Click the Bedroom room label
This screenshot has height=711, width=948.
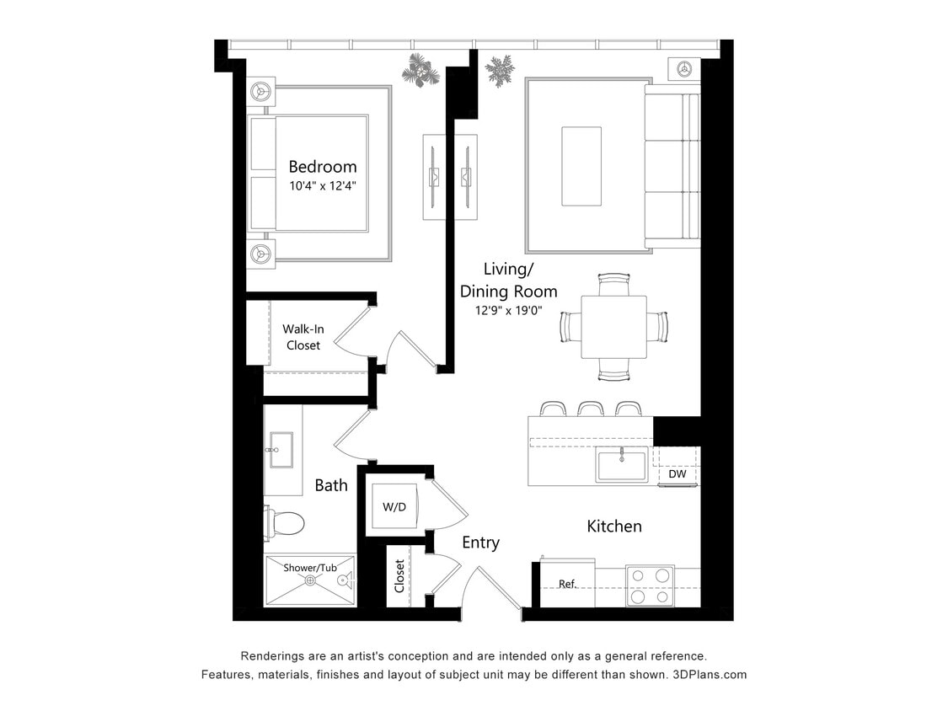(323, 167)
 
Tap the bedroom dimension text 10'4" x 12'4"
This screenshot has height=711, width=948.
(323, 186)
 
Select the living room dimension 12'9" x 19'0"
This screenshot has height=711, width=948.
(508, 310)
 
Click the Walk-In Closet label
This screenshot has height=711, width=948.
(303, 337)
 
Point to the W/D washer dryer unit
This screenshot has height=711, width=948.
(394, 507)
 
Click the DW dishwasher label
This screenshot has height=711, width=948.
(677, 474)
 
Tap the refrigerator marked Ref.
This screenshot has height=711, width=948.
(567, 583)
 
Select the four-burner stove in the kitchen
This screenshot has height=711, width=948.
(650, 585)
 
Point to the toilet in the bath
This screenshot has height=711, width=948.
(285, 523)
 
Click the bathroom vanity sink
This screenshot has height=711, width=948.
(281, 449)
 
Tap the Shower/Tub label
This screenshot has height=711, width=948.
(309, 568)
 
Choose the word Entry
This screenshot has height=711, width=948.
(480, 543)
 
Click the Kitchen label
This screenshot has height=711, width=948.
(614, 527)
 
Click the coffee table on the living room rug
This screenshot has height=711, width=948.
(581, 166)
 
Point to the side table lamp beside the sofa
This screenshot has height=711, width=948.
(684, 68)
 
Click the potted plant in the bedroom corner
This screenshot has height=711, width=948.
(420, 71)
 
